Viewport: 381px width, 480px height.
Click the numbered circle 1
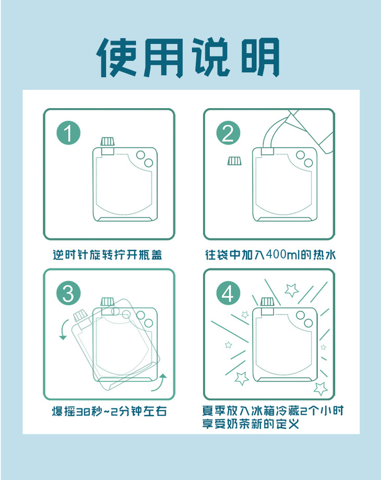(x=68, y=133)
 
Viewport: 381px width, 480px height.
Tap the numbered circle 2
(x=229, y=133)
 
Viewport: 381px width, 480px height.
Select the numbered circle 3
(x=68, y=293)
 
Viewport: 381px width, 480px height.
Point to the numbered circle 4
(x=229, y=293)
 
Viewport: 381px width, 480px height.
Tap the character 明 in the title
(x=260, y=57)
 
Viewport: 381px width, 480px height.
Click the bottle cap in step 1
(x=108, y=142)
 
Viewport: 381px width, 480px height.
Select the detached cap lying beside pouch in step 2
(x=234, y=161)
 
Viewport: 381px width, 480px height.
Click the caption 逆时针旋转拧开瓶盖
(x=108, y=255)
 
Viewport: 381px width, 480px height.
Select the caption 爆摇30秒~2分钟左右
(x=109, y=411)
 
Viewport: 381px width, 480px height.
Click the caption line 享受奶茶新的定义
(x=251, y=424)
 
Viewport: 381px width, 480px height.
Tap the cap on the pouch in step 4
(x=268, y=302)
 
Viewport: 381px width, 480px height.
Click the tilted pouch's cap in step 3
(x=80, y=316)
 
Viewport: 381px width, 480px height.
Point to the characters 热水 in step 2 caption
(x=324, y=255)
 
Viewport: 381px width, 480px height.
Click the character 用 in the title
(x=164, y=57)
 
